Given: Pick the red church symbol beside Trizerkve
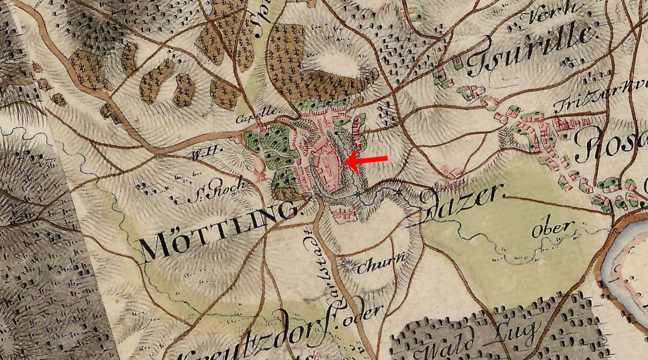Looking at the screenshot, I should [562, 124].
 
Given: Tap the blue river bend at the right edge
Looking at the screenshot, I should [626, 258].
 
